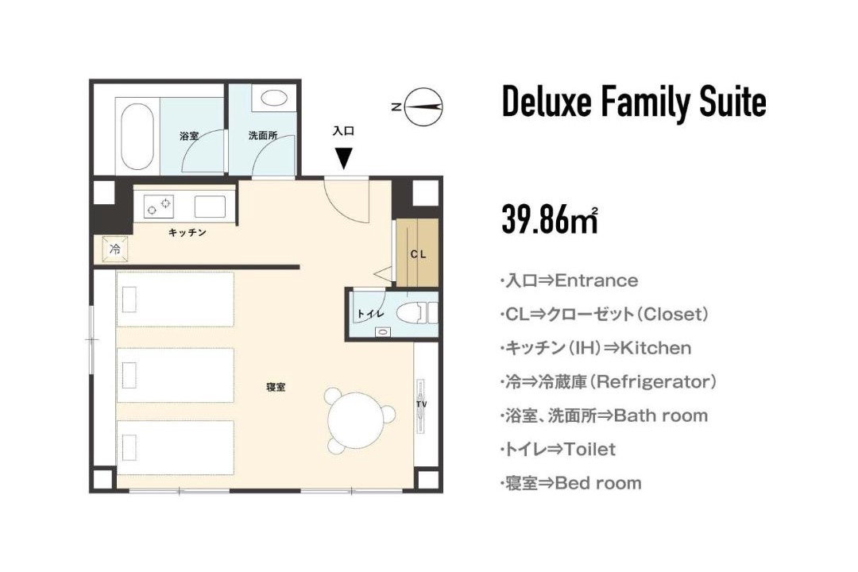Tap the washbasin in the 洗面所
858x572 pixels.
[x=274, y=98]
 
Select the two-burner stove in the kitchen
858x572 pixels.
[x=159, y=207]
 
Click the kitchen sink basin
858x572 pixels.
[x=210, y=207]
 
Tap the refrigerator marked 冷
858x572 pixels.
[x=115, y=249]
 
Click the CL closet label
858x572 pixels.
[x=418, y=254]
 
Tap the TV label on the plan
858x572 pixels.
[x=421, y=404]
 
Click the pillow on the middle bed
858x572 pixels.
[x=129, y=375]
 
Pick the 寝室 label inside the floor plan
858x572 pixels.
[x=276, y=387]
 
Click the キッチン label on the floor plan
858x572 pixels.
[x=187, y=233]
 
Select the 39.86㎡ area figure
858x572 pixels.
[x=550, y=219]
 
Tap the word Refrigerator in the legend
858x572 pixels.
[x=655, y=381]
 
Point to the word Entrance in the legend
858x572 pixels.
[x=597, y=280]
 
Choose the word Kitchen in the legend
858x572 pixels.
[x=655, y=348]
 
